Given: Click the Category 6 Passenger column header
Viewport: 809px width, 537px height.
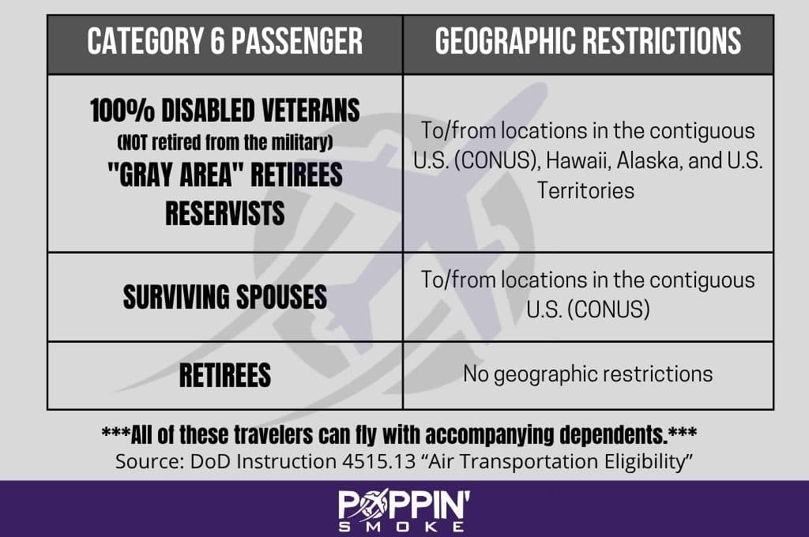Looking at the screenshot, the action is [225, 41].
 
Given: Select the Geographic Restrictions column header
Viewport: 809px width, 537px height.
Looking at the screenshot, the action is [588, 41].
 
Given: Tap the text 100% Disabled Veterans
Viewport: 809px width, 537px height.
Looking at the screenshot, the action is [225, 111].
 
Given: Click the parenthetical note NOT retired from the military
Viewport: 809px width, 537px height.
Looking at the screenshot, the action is [225, 142].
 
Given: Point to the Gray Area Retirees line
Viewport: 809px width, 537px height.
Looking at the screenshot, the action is [225, 175].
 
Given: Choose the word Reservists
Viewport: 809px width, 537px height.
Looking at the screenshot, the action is [225, 213].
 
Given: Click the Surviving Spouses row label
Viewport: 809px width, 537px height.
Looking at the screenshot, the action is [225, 297].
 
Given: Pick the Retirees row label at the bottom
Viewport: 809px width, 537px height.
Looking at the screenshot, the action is [225, 375].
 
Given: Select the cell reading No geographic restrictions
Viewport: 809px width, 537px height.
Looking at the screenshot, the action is [588, 374].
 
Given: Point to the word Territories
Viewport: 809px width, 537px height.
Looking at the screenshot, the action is [585, 190].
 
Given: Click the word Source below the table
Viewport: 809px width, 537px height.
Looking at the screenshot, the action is [149, 461].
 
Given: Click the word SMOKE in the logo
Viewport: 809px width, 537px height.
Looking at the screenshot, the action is [401, 527].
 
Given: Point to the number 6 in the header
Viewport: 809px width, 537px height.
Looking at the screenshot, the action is [217, 41].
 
